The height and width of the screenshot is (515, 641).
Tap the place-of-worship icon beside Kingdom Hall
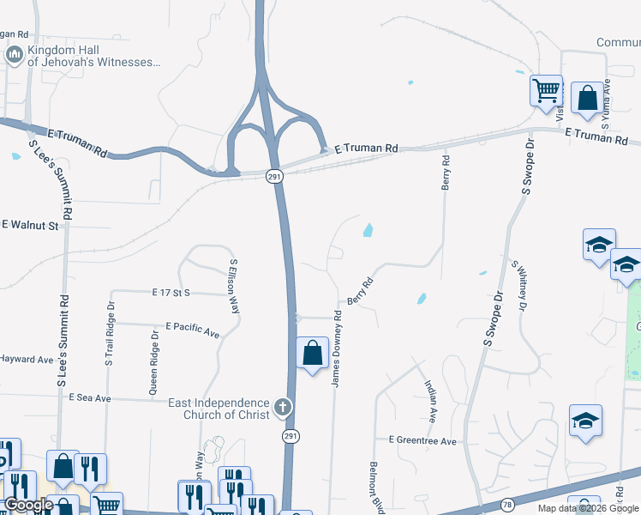14,56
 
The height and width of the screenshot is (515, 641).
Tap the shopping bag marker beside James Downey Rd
313,353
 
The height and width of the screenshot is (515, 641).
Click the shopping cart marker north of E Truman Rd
546,90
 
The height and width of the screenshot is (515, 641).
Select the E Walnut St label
29,226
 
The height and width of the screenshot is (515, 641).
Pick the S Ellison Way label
233,286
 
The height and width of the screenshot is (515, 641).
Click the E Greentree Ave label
422,440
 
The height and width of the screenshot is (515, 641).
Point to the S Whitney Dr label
519,284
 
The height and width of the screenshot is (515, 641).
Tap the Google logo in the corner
27,505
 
